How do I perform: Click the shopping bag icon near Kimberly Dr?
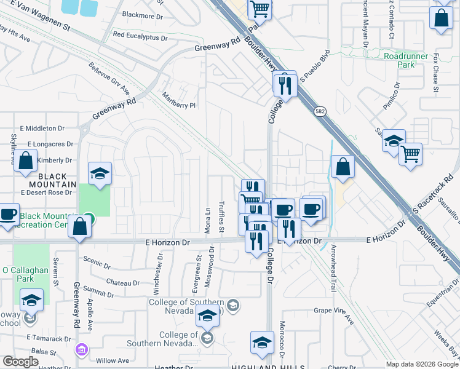pos(26,162)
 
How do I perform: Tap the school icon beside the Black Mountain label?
pos(100,174)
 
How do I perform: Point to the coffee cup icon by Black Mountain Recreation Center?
pos(8,215)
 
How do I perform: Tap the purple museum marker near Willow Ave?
pos(81,350)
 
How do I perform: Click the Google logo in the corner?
pos(21,362)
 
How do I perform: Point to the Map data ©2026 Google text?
pos(422,364)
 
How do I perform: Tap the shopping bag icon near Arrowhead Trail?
pos(343,167)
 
